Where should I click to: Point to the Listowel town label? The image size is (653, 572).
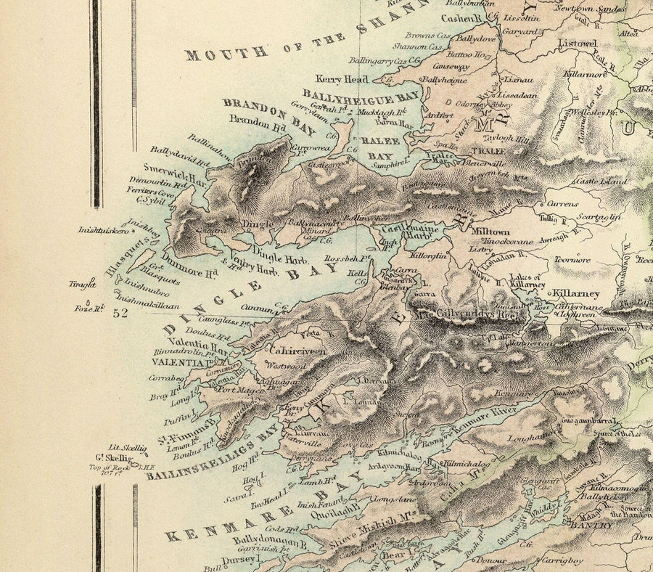click(578, 44)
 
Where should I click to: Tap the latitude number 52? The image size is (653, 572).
click(120, 313)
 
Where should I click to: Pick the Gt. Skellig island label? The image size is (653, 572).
click(114, 458)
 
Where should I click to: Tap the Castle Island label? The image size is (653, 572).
click(599, 181)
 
